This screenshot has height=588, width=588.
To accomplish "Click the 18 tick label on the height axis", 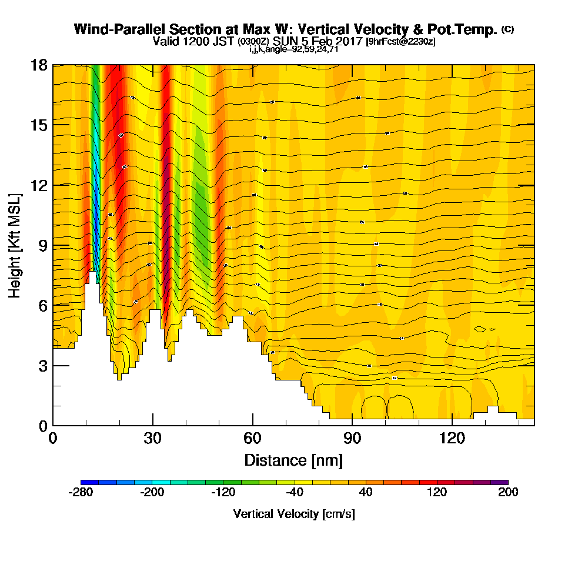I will (39, 65).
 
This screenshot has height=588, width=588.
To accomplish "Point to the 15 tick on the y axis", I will (39, 125).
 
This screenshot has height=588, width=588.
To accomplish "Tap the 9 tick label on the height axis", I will (42, 245).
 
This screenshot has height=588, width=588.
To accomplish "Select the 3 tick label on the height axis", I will (42, 366).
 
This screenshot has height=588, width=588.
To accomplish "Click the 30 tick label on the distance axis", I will (153, 439).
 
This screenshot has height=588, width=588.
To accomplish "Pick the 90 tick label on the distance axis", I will (352, 439).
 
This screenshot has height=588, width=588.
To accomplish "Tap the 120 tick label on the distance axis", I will (452, 439).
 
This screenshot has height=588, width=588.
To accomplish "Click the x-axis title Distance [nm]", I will (293, 459).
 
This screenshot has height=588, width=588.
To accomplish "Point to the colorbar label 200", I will (508, 493).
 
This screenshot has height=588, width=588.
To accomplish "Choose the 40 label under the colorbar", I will (366, 493).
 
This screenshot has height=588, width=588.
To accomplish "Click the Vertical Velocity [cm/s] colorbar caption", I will (294, 514).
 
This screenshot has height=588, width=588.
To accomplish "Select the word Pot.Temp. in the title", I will (467, 29).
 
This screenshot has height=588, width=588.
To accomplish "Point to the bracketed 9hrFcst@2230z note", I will (400, 41).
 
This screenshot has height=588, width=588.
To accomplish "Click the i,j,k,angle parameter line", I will (293, 49).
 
